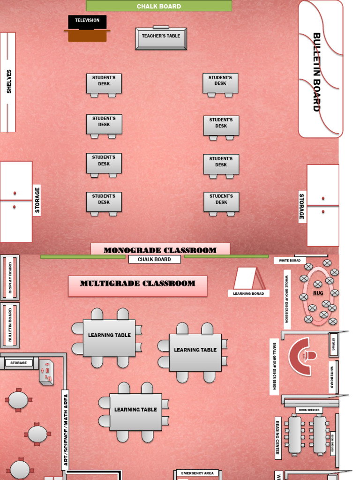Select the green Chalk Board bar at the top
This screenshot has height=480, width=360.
(159, 6)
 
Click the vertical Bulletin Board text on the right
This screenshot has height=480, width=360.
(317, 72)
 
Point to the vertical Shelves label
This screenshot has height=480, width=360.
(8, 82)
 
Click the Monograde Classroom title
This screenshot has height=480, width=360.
(160, 250)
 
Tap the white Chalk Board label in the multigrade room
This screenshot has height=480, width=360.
(154, 259)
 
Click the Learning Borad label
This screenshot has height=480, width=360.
(248, 293)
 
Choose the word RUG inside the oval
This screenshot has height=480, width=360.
(318, 293)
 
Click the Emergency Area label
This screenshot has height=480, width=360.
(197, 473)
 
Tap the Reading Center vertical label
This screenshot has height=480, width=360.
(278, 438)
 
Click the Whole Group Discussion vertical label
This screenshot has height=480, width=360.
(287, 299)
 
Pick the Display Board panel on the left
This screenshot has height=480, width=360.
(10, 277)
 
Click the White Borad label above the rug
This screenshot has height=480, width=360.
(290, 260)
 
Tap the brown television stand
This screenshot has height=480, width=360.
(87, 36)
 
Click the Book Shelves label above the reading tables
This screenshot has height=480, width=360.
(309, 410)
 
